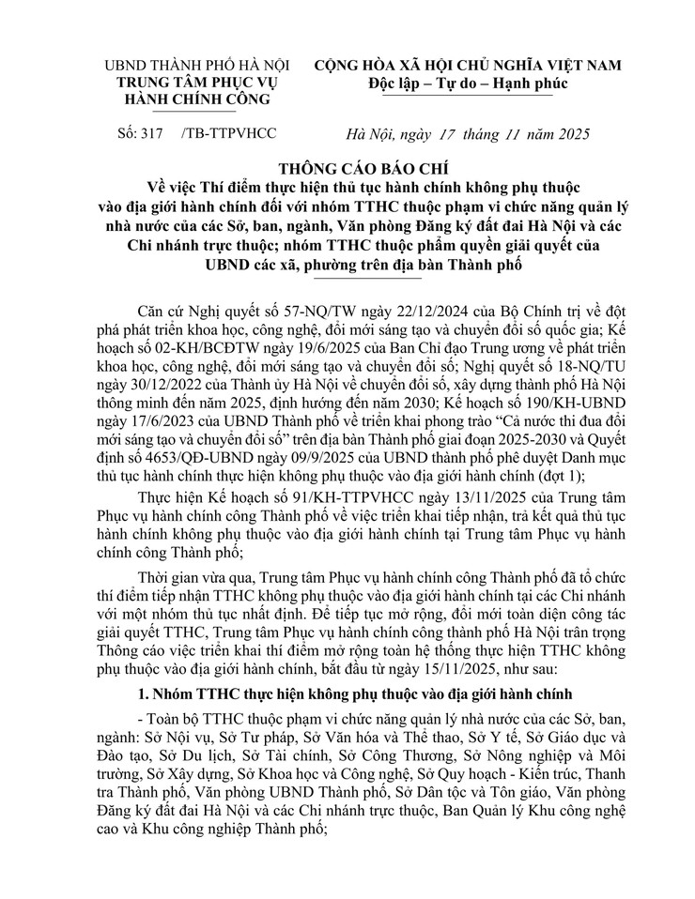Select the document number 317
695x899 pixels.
pyautogui.click(x=152, y=134)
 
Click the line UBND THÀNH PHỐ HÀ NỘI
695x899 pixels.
pyautogui.click(x=196, y=66)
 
